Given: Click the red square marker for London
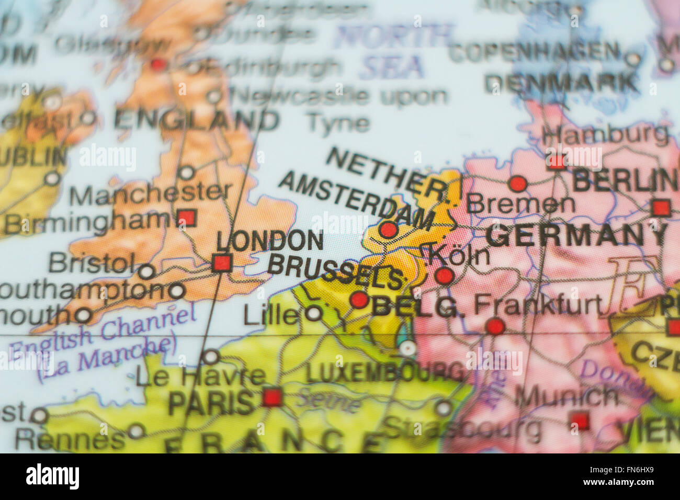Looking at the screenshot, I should (222, 262).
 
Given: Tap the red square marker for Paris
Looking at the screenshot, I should (271, 397).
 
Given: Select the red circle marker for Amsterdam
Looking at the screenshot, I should (388, 230).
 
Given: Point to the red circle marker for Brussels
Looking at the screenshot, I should (359, 300).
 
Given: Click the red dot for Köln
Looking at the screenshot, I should (444, 276).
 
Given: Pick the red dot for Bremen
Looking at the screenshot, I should (517, 184).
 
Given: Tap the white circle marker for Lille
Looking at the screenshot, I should (313, 314).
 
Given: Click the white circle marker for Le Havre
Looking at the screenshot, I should (210, 357).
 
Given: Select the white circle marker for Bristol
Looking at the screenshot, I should (146, 271).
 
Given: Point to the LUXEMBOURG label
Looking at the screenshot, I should (384, 372).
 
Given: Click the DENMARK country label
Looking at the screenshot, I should (562, 83).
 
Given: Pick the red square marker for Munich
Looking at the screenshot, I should (580, 420).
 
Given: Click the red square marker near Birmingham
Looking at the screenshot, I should (187, 218).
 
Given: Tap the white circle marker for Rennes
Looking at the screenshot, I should (136, 431).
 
